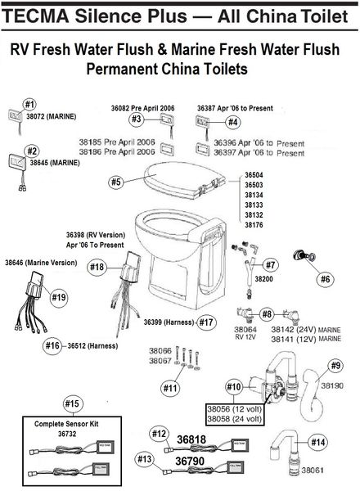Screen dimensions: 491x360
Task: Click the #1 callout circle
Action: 30,104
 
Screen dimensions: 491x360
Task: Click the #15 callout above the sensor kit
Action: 72,403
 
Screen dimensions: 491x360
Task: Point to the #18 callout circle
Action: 97,268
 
